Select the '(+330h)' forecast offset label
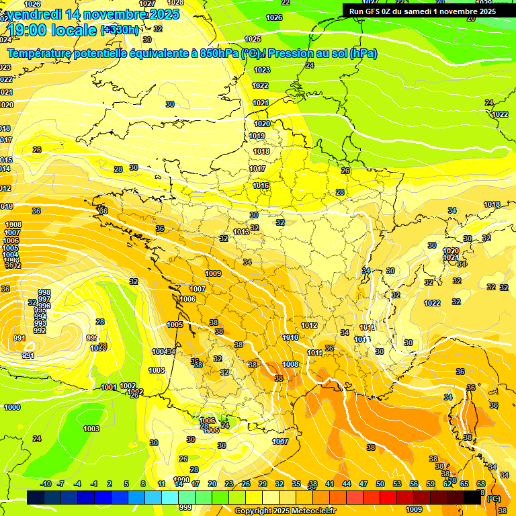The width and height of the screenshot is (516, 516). tap(120, 30)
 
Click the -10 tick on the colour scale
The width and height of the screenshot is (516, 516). tap(46, 484)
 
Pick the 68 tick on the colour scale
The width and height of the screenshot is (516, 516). tap(480, 484)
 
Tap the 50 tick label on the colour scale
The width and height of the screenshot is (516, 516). tap(380, 484)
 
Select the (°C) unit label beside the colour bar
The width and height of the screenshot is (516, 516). tap(494, 499)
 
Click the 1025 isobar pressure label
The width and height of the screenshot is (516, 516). tap(253, 40)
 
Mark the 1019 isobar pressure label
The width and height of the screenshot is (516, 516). tap(257, 136)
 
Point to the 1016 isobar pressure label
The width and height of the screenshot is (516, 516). tap(261, 186)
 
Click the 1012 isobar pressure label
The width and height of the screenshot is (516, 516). tap(309, 326)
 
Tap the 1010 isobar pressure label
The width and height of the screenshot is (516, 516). tap(290, 338)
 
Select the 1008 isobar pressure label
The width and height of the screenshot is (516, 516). tap(290, 365)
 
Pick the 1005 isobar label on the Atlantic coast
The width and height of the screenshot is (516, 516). tap(175, 325)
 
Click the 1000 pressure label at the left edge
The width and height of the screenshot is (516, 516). tap(12, 407)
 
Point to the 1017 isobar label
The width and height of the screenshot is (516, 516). tap(257, 169)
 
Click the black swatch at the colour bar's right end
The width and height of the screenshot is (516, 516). tap(472, 497)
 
